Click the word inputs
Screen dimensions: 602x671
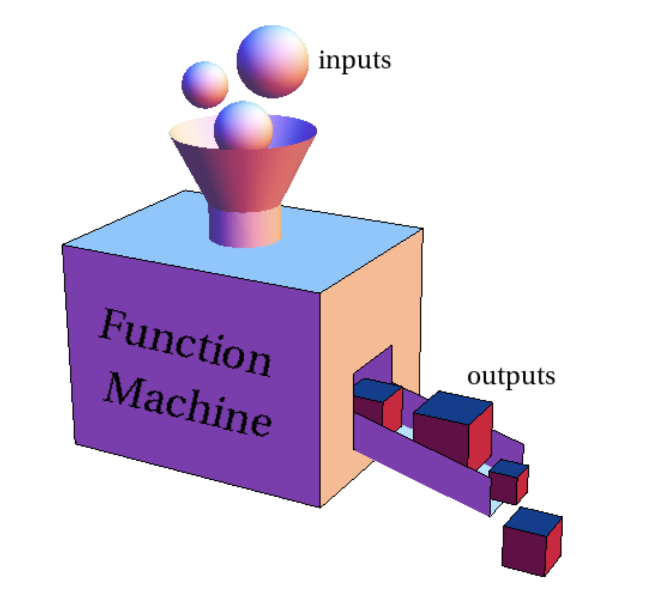[355, 61]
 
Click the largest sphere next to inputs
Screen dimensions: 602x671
[273, 62]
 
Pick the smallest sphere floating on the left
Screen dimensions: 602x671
[205, 85]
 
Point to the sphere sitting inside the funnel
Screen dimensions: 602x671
[243, 125]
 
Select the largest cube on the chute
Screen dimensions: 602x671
[453, 429]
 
